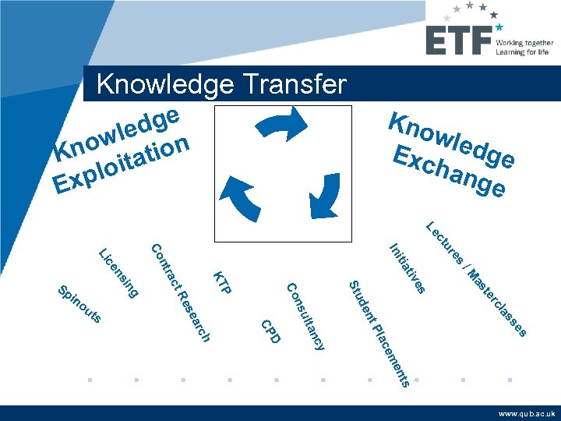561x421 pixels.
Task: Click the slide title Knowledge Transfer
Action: coord(221,84)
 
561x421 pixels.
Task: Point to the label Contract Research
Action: coord(180,293)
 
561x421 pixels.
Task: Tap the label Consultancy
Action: coord(305,316)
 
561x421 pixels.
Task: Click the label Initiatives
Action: coord(408,270)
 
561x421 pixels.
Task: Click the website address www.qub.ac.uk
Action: coord(527,414)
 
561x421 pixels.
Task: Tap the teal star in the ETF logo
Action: coord(499,27)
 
